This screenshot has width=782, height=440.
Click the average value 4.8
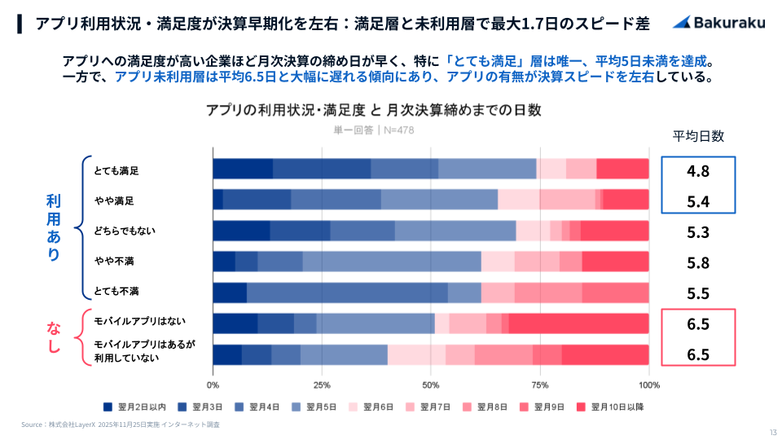click(698, 171)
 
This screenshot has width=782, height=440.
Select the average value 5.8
click(698, 262)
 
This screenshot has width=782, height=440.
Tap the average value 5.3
click(698, 232)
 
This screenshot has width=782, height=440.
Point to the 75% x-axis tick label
click(540, 385)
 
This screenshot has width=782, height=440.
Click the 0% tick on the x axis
click(213, 385)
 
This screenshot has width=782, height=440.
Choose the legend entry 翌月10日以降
click(610, 407)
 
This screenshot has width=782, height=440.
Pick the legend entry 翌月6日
click(371, 407)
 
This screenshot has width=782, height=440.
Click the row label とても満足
click(116, 170)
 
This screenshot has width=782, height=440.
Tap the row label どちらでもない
click(124, 231)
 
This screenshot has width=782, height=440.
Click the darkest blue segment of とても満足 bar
click(243, 169)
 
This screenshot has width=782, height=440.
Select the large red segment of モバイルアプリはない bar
click(578, 323)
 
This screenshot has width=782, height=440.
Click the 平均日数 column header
click(698, 136)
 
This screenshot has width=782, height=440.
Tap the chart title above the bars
click(374, 110)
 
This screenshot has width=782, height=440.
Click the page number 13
click(772, 432)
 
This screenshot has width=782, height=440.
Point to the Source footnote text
click(121, 425)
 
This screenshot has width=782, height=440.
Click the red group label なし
click(54, 337)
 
